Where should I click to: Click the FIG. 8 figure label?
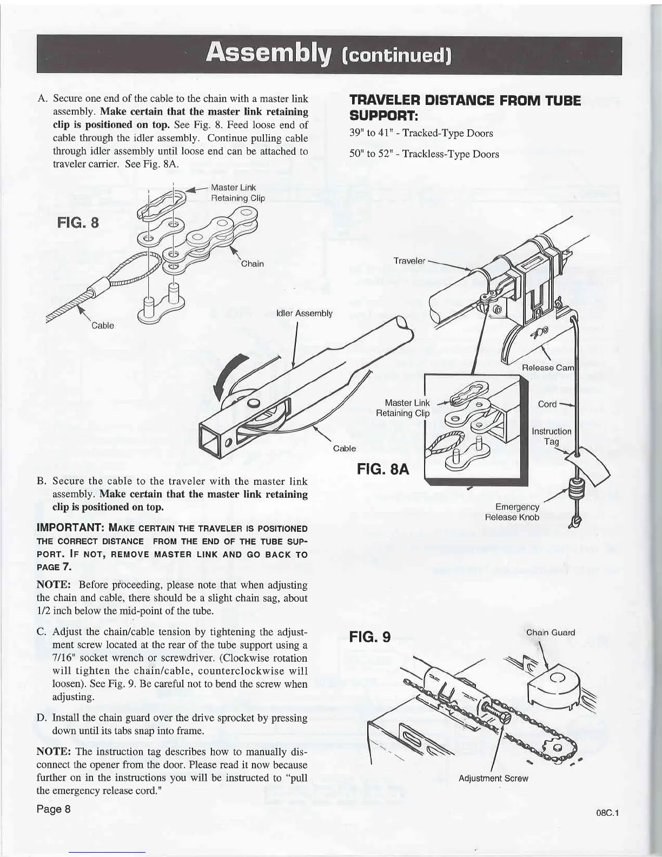(x=77, y=223)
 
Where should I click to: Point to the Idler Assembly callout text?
(x=304, y=313)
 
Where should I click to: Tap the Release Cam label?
(x=547, y=368)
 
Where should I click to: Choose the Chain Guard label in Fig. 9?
(x=551, y=632)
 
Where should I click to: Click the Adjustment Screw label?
(x=493, y=779)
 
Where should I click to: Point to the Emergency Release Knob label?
(x=512, y=512)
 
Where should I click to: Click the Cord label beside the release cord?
(x=547, y=404)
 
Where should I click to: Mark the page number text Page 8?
(x=53, y=809)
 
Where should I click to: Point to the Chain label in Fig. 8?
(x=252, y=264)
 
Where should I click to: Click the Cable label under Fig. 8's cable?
(x=102, y=325)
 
